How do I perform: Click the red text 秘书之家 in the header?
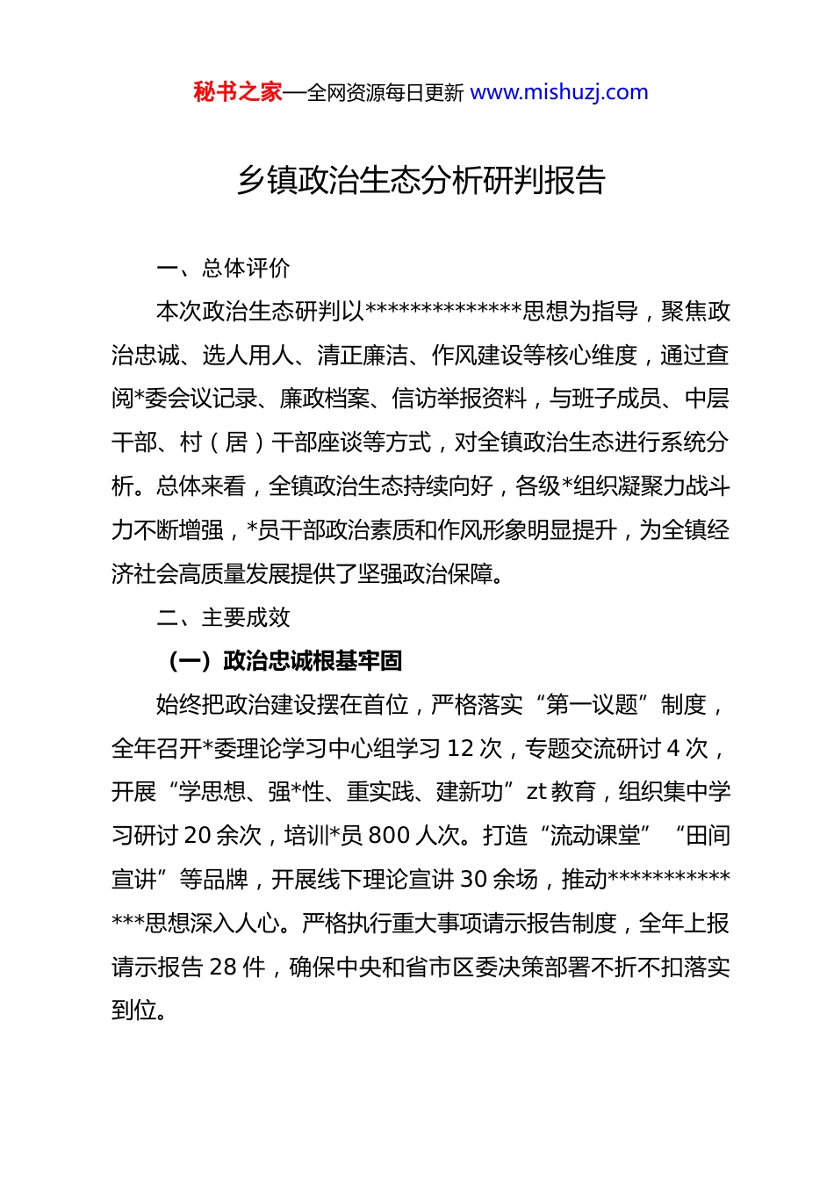(x=238, y=92)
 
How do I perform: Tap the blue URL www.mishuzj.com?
(x=559, y=92)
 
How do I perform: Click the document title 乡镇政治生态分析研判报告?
(x=421, y=180)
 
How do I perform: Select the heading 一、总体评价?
(x=223, y=268)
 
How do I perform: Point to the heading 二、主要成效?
(x=223, y=617)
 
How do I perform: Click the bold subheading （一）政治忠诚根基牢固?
(x=284, y=661)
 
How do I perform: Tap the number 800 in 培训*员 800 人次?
(x=389, y=836)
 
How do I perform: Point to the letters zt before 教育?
(x=536, y=792)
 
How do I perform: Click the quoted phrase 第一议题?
(x=592, y=705)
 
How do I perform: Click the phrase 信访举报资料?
(x=459, y=399)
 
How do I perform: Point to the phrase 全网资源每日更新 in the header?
(x=385, y=93)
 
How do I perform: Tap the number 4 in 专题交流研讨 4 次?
(x=673, y=749)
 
